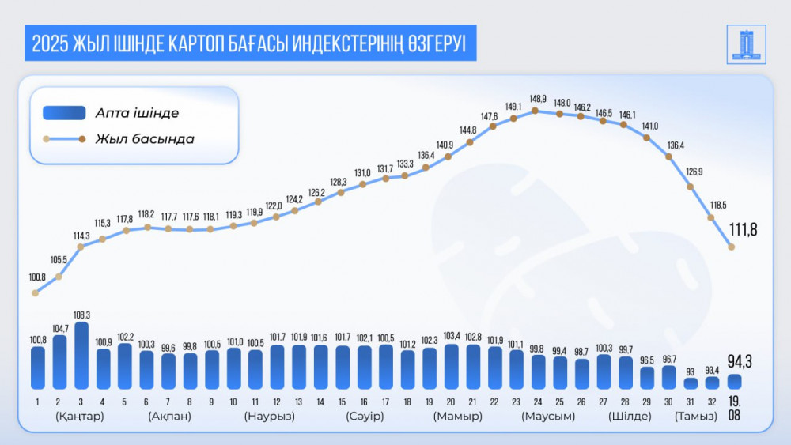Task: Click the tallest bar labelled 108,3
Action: [81, 356]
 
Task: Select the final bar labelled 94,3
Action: [734, 382]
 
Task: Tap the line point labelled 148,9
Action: [536, 111]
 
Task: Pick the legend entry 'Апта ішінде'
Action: [137, 113]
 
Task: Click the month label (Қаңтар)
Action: [80, 417]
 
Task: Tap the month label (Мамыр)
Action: [457, 417]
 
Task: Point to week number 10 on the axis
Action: [233, 401]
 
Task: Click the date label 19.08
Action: [734, 407]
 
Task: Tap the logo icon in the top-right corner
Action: [746, 45]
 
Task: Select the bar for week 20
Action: [451, 367]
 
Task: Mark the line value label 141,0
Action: [649, 126]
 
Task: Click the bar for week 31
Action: [691, 383]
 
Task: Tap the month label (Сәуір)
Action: [365, 417]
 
